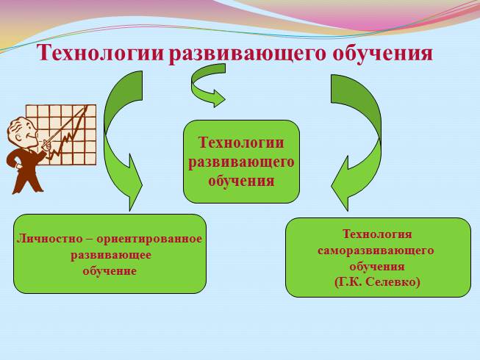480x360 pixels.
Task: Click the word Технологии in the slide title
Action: (100, 54)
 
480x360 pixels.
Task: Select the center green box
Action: (241, 162)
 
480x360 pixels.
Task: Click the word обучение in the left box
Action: (110, 271)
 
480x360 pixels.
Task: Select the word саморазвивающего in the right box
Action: (376, 251)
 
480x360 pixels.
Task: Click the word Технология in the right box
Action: (377, 234)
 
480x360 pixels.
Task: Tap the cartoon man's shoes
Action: (26, 187)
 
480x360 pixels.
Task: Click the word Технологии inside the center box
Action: (241, 144)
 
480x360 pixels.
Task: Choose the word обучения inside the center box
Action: (241, 179)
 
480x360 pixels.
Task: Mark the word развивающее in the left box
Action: (110, 255)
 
